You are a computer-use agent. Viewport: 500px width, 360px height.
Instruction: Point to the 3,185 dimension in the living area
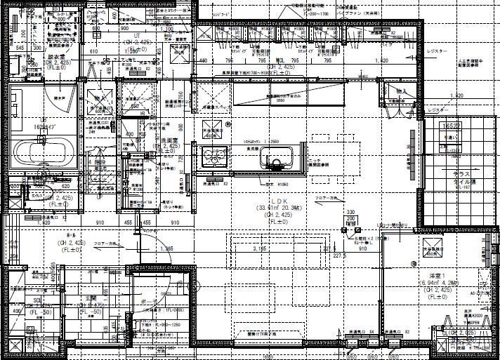point(260,248)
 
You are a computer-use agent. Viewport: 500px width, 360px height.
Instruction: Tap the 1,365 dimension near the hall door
point(167,248)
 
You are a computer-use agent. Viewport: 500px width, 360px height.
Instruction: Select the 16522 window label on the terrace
point(449,124)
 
